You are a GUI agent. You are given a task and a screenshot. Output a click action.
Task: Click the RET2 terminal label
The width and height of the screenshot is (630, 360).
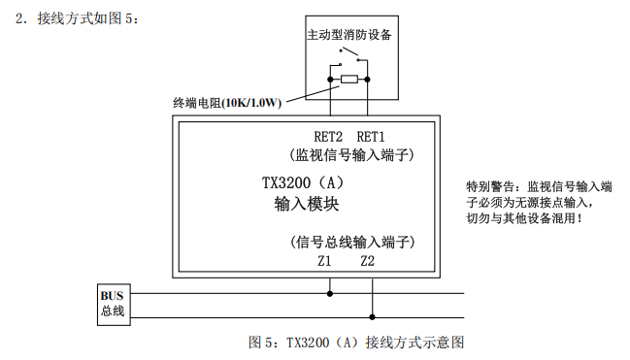(x=328, y=137)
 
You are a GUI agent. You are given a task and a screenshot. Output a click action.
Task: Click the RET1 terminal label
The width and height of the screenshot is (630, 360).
(x=371, y=137)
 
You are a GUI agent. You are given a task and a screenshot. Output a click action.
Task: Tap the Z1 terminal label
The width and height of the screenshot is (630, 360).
(x=324, y=261)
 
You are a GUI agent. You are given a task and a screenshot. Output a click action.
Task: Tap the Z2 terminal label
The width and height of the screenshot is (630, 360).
(x=367, y=261)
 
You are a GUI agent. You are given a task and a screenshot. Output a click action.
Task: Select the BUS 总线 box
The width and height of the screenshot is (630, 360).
(x=114, y=305)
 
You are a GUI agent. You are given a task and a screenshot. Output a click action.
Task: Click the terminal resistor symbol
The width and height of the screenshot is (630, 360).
(x=349, y=80)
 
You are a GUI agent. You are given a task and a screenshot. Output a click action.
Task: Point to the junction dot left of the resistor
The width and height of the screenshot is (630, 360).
(x=330, y=80)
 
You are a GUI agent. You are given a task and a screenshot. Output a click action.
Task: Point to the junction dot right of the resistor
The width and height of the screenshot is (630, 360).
(x=367, y=80)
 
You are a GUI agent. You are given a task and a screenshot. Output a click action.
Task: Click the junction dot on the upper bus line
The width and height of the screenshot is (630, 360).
(x=330, y=294)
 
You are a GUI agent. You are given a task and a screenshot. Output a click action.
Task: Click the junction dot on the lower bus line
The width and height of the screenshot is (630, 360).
(x=372, y=317)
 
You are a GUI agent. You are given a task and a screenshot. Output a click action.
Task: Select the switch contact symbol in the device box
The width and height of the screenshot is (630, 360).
(x=348, y=56)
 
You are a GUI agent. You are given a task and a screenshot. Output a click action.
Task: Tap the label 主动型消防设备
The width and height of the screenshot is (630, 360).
(x=349, y=35)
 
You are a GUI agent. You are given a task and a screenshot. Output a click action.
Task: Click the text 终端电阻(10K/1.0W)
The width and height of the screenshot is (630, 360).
(x=227, y=103)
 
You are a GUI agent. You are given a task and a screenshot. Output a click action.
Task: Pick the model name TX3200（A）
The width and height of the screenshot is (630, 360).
(x=303, y=183)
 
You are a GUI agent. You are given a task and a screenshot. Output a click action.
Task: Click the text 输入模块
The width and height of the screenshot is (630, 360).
(x=307, y=204)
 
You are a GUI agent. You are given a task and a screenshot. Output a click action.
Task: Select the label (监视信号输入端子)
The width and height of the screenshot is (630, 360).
(x=351, y=155)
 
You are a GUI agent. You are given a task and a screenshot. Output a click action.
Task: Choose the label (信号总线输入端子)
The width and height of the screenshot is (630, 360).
(x=352, y=242)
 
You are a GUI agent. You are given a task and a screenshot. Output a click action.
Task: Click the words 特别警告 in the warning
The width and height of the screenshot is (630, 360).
(x=490, y=187)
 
